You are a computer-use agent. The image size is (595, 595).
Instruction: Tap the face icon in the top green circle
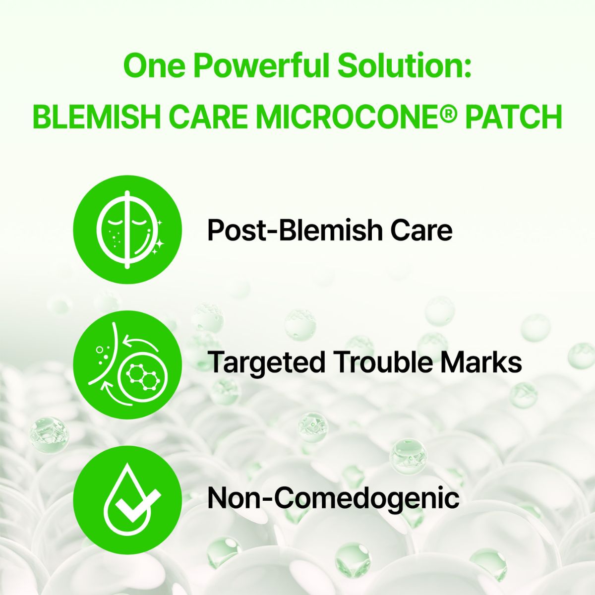[x=128, y=230]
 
